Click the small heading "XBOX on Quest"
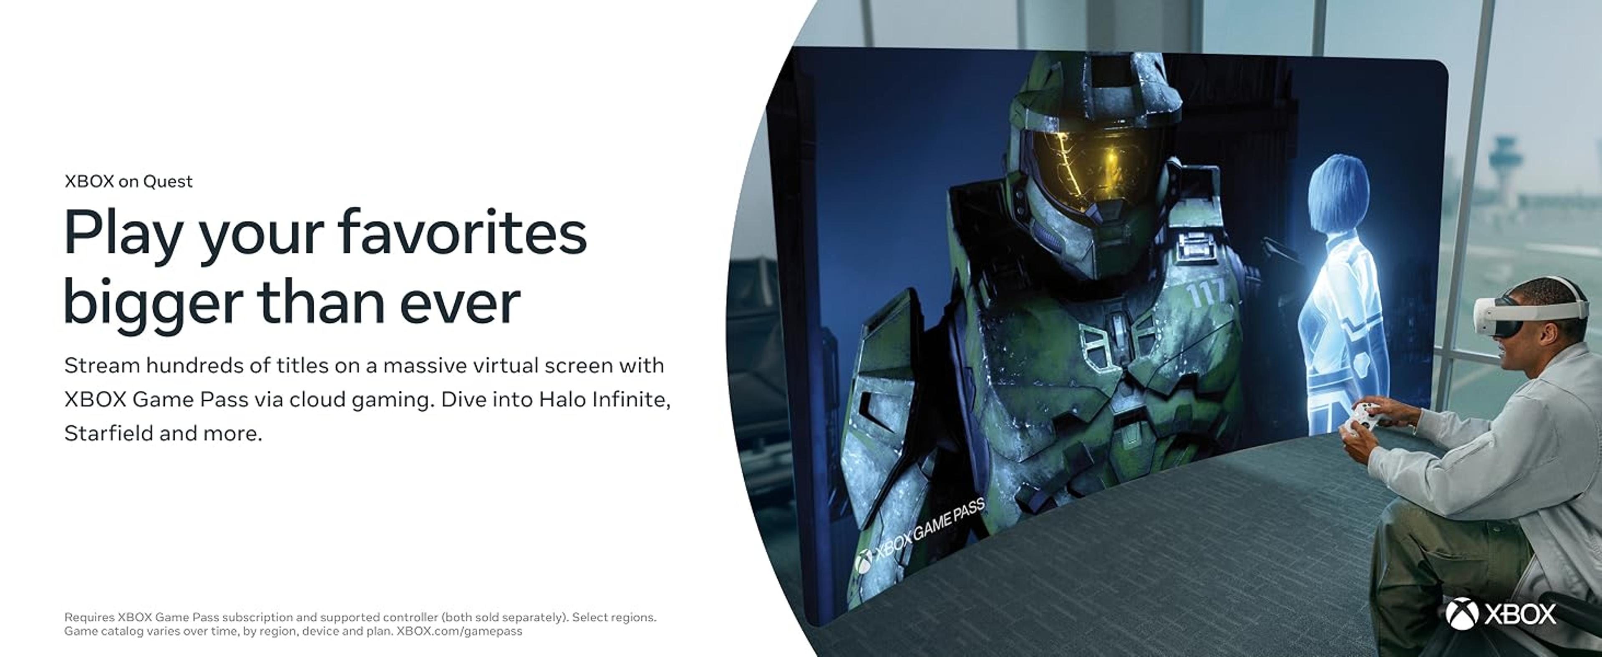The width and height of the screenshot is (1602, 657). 128,181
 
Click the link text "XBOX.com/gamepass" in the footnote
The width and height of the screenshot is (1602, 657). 460,631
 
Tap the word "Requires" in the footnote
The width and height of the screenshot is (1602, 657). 90,617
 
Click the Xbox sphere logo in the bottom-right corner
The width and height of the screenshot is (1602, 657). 1461,614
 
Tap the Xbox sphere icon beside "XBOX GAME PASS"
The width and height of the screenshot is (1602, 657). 863,562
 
